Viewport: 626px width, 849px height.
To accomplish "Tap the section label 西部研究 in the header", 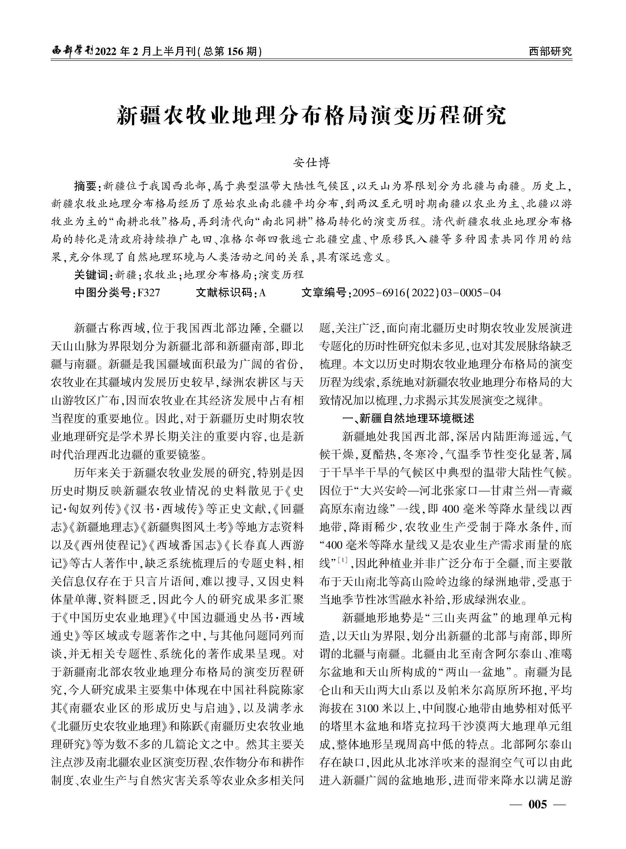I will pyautogui.click(x=550, y=51).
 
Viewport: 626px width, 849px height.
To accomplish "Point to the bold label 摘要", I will pyautogui.click(x=86, y=186).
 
